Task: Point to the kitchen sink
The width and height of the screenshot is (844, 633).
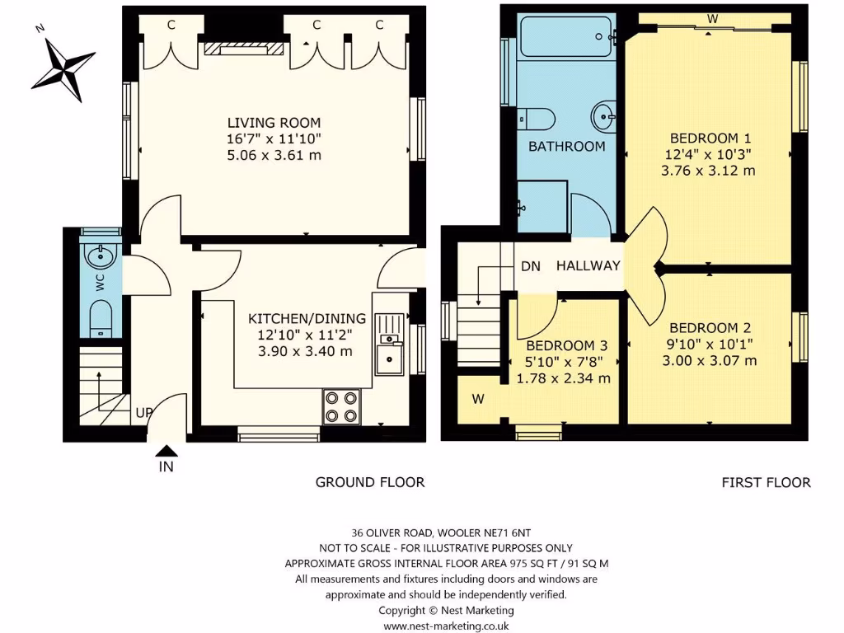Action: (387, 358)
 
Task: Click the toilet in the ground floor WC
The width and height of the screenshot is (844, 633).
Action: (101, 316)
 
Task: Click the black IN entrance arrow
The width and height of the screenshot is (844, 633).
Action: (166, 450)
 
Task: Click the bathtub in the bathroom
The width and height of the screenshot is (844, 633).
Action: (566, 35)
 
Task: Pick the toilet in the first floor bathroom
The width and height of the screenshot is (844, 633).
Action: (536, 119)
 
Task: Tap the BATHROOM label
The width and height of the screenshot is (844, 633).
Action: (566, 147)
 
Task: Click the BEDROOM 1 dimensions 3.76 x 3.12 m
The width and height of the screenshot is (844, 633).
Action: (708, 171)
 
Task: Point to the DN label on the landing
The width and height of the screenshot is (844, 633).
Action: (530, 266)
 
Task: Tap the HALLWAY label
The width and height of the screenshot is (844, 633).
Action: (587, 265)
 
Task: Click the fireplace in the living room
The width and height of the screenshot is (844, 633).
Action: (246, 49)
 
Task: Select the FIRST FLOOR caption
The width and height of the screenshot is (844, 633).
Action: (766, 482)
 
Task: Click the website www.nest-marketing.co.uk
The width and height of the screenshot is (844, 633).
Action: (446, 626)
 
